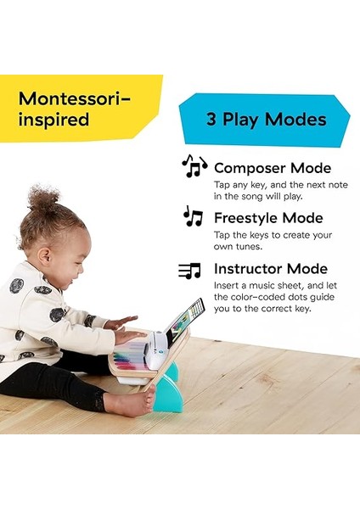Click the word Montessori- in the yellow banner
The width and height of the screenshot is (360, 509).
(76, 98)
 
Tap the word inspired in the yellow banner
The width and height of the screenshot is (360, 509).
(53, 120)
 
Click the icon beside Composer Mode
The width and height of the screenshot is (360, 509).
(194, 165)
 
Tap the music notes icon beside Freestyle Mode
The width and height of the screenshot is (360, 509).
(194, 217)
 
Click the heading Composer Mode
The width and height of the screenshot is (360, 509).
(273, 168)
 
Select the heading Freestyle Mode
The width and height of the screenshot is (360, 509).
(268, 218)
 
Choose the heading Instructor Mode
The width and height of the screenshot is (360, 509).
(271, 269)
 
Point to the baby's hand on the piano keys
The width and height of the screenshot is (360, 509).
(127, 337)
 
